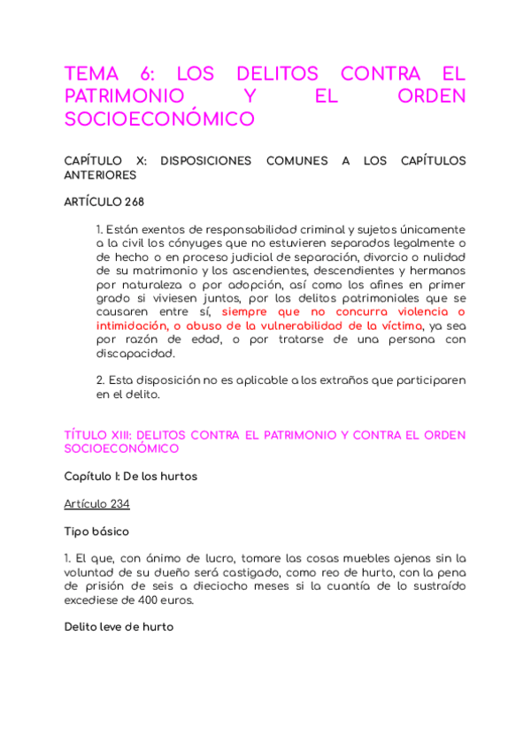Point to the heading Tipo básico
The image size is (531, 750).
tap(96, 531)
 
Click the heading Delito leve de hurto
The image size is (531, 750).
tap(119, 627)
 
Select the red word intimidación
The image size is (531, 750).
tap(132, 325)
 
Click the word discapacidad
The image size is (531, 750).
tap(135, 353)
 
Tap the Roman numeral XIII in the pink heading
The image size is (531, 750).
tap(119, 435)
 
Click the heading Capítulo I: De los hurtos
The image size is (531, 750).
tap(130, 476)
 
